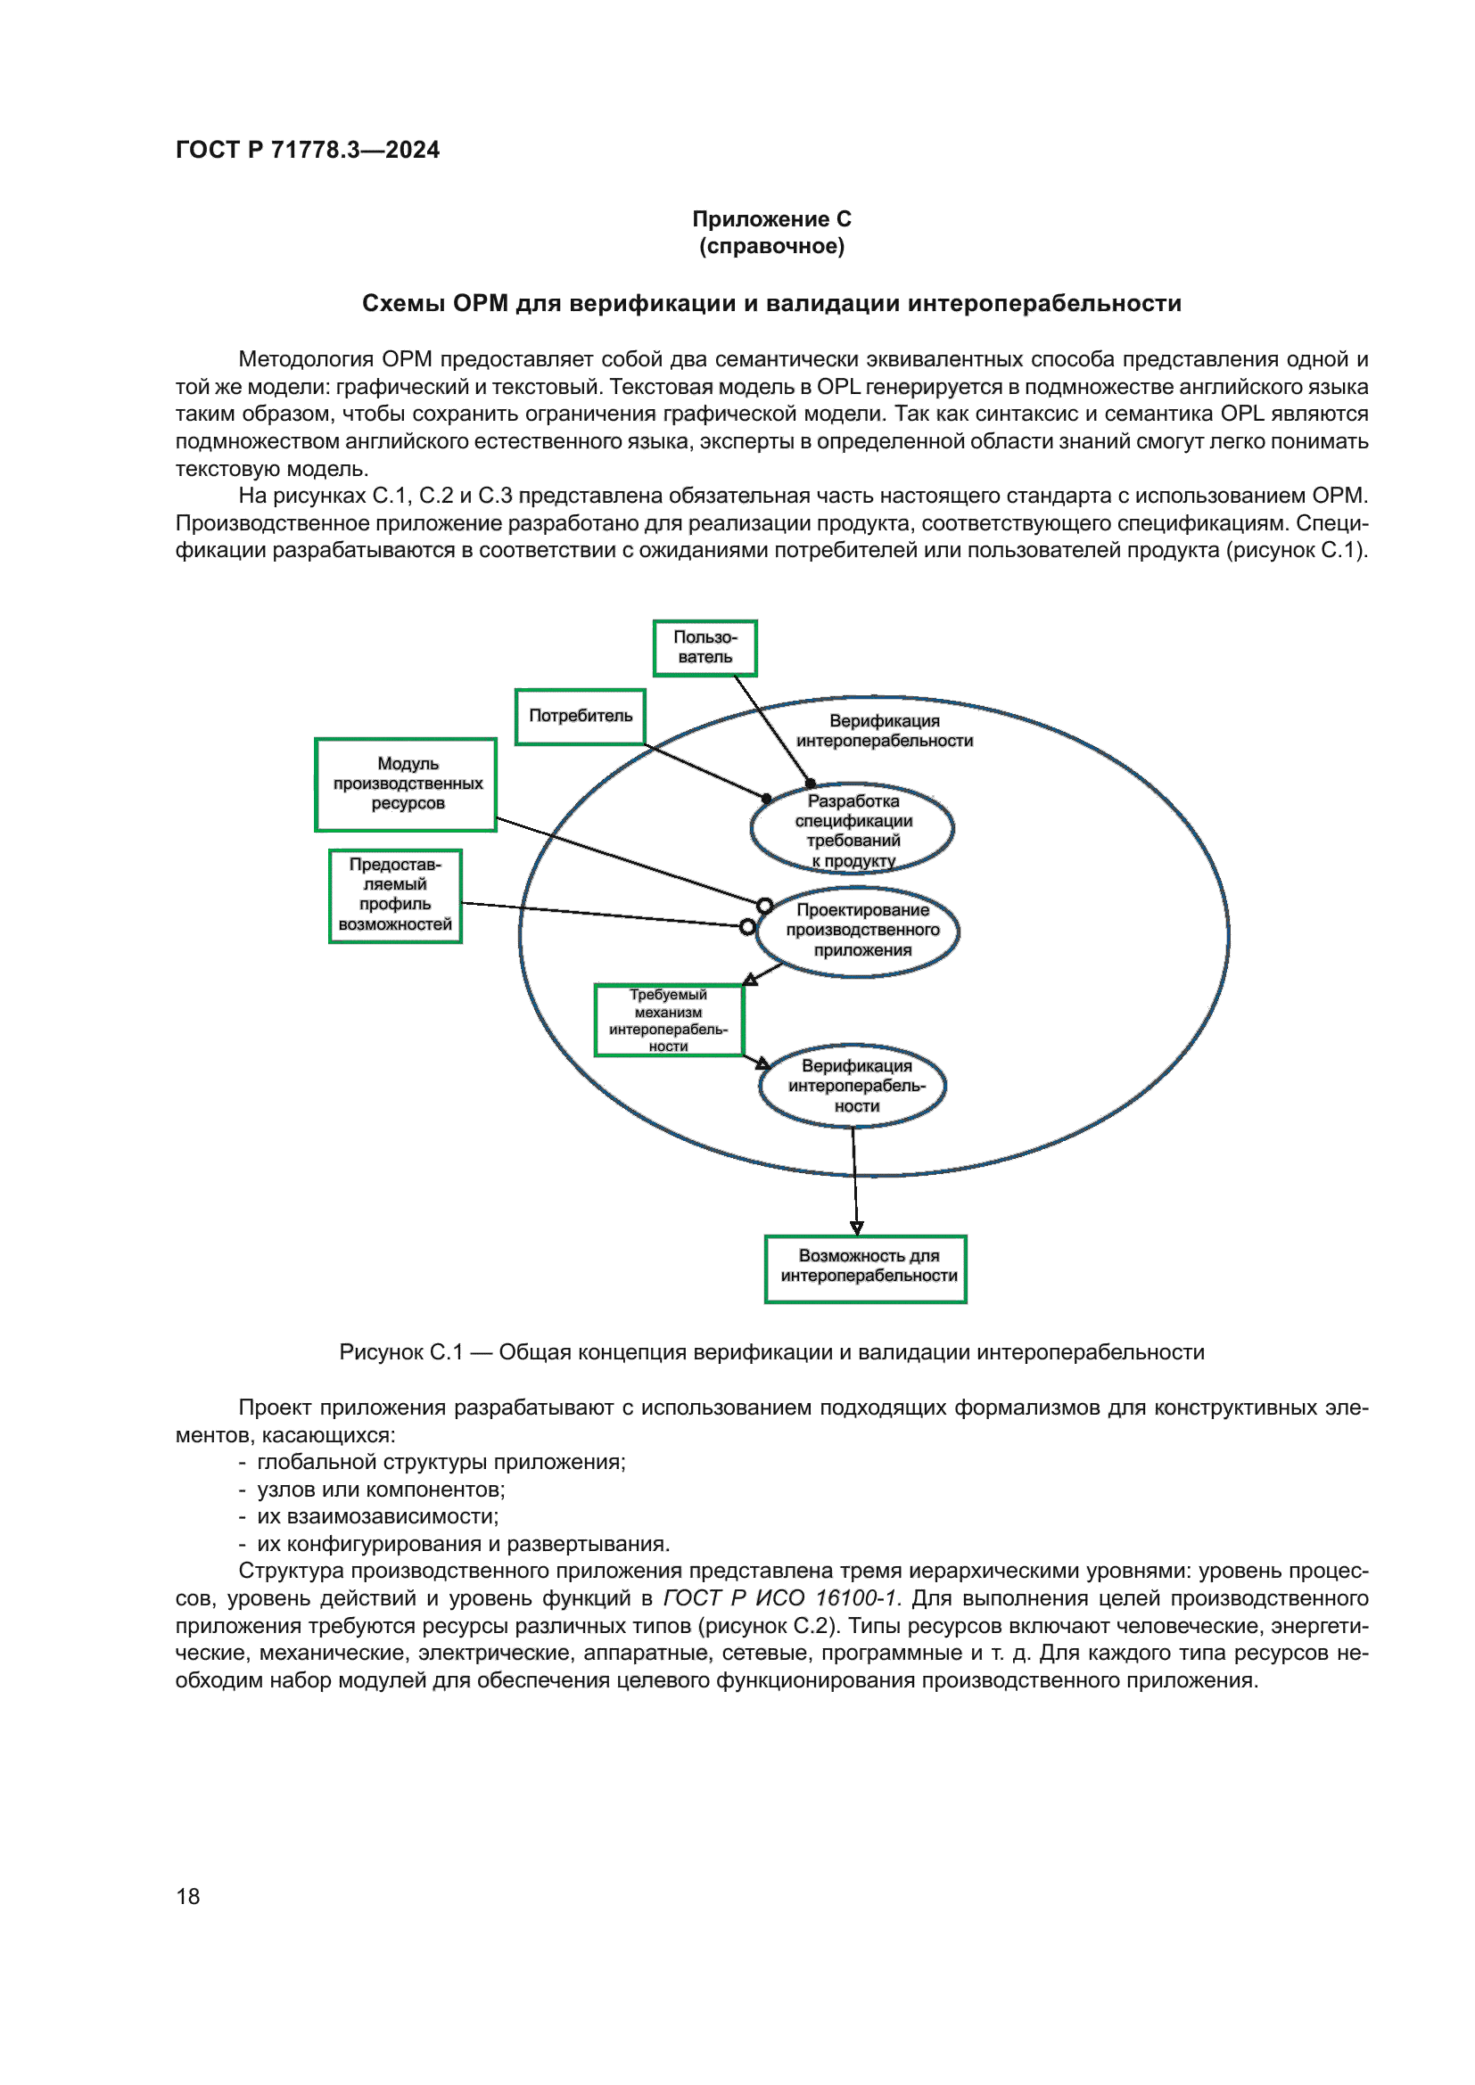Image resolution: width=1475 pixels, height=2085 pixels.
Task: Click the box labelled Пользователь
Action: [x=705, y=647]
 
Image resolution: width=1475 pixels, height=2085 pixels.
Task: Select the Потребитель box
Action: [x=581, y=717]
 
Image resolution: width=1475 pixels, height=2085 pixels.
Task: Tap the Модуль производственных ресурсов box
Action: [x=406, y=784]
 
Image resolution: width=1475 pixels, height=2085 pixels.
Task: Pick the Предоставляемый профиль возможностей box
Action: [x=395, y=895]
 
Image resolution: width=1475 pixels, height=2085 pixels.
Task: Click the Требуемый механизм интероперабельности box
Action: [x=669, y=1020]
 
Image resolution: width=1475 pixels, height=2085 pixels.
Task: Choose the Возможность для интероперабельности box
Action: [x=866, y=1268]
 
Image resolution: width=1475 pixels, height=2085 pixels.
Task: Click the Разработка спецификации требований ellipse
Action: [x=852, y=828]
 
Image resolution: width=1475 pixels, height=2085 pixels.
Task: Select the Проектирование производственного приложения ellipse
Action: [x=858, y=931]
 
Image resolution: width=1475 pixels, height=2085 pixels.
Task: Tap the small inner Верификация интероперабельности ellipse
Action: [x=853, y=1086]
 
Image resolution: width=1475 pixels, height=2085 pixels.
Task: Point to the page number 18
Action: [x=188, y=1896]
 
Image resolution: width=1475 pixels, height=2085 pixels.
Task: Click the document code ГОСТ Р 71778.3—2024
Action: [x=307, y=150]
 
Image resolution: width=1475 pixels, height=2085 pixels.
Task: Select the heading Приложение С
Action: [x=771, y=219]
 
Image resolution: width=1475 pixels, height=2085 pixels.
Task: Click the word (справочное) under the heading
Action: [x=771, y=246]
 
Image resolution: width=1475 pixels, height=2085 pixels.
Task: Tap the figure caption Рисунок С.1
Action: [x=771, y=1352]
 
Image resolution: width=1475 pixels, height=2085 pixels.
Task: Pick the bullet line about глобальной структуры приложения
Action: [x=441, y=1462]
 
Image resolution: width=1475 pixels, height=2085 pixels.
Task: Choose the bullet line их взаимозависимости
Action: [x=377, y=1516]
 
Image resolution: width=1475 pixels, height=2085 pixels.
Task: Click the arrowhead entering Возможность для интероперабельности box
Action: [x=856, y=1228]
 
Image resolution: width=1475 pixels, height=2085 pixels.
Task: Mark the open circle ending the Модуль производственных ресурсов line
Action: [x=765, y=906]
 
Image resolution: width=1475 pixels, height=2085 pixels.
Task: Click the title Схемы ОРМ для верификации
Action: [x=771, y=303]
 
